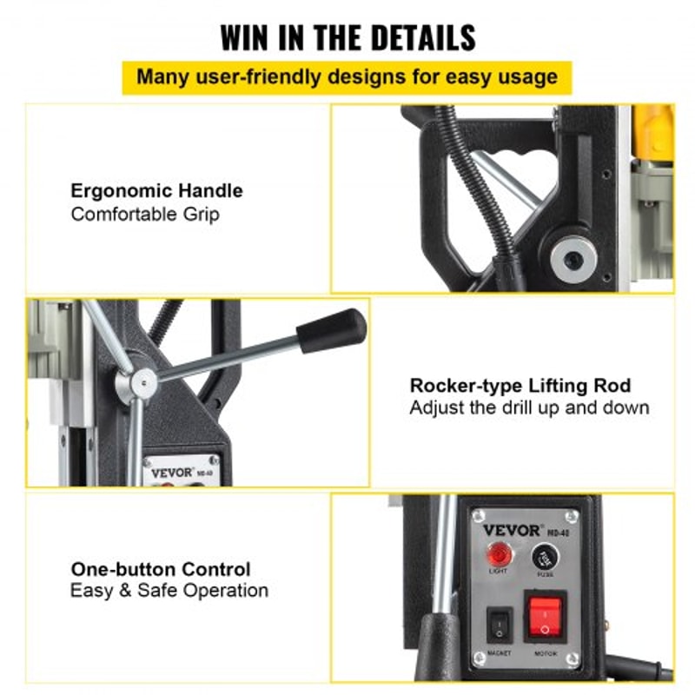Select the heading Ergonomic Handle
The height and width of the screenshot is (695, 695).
[x=156, y=191]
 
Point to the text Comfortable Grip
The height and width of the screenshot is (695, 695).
[x=145, y=214]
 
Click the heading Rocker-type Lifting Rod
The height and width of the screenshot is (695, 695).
[x=520, y=386]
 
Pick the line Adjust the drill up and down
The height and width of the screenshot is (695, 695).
[x=529, y=407]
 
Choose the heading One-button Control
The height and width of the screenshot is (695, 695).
[x=161, y=570]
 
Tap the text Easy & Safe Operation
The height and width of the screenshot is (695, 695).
[x=169, y=591]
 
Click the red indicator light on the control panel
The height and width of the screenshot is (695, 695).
[x=500, y=554]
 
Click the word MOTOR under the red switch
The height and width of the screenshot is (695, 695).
[x=546, y=653]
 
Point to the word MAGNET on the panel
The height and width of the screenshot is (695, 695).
[x=500, y=653]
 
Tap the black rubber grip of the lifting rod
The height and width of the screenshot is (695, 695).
[x=331, y=329]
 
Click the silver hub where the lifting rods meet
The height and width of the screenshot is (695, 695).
[x=142, y=381]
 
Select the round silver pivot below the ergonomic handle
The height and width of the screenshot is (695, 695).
[x=573, y=256]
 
